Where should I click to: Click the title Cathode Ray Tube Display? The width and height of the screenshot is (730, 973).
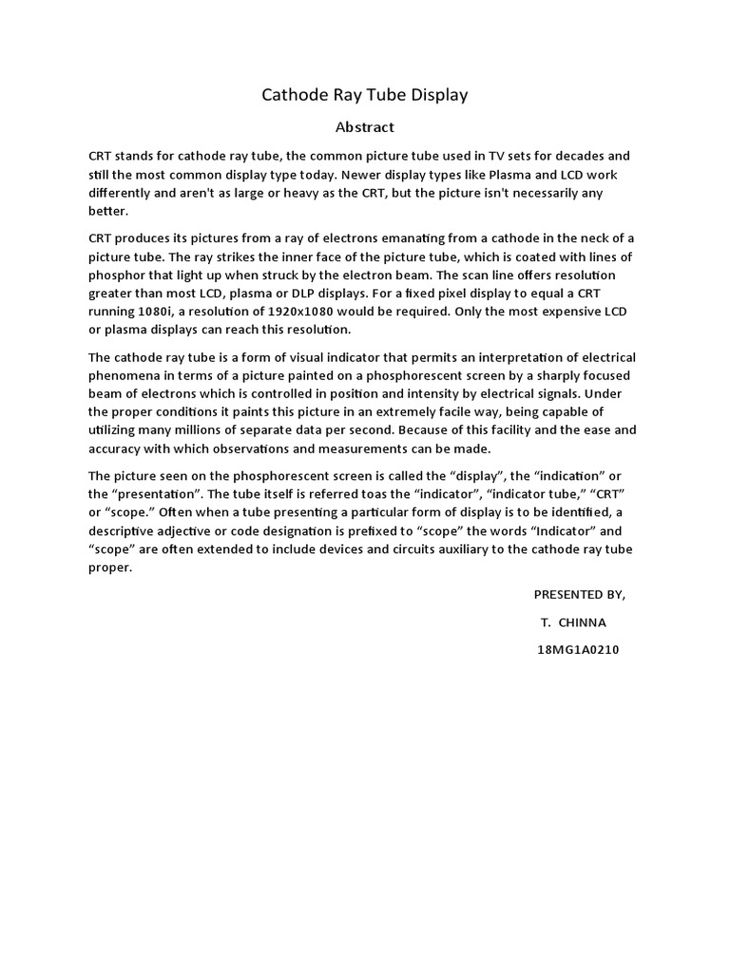(365, 95)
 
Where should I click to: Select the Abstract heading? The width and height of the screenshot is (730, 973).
(365, 126)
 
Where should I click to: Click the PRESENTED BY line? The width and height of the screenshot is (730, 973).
(580, 595)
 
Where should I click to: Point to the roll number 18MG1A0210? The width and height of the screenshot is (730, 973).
(578, 650)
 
